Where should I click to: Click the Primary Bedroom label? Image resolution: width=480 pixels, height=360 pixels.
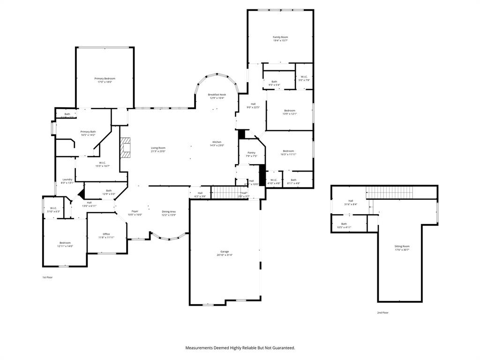coord(105,79)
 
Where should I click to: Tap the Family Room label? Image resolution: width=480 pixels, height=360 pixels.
coord(280,37)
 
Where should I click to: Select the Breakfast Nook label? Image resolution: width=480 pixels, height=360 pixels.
coord(217,95)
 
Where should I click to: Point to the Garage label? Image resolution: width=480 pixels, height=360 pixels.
coord(225,252)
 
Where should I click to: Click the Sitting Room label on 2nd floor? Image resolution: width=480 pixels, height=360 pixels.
coord(402,247)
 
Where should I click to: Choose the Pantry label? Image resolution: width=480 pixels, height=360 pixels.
coord(252,153)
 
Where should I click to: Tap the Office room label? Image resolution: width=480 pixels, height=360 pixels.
coord(106,234)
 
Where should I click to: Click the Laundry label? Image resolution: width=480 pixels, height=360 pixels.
coord(67,180)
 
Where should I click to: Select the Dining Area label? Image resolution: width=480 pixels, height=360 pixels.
coord(169,212)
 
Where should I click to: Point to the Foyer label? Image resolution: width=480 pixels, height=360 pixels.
coord(135,212)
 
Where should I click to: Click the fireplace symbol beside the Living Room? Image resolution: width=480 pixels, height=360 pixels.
coord(126,148)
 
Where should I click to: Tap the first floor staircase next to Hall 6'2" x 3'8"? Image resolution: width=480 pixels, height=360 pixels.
coord(224,192)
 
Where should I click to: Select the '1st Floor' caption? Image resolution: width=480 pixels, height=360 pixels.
coord(47,277)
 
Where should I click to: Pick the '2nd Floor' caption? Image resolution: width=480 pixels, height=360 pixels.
coord(382,313)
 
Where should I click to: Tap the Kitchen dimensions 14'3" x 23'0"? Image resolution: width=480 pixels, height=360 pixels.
coord(217,145)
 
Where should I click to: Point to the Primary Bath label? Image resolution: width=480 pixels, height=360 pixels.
coord(88,132)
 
